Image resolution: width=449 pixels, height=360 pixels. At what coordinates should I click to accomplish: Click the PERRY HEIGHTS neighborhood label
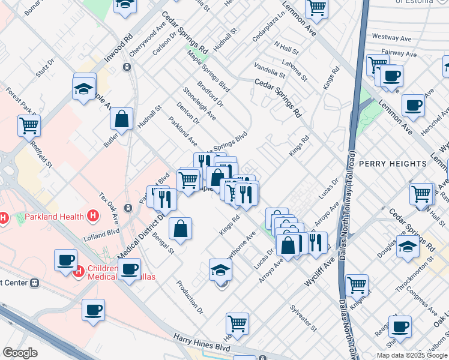[391, 164]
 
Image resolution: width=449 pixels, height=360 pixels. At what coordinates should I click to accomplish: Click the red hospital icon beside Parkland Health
[92, 215]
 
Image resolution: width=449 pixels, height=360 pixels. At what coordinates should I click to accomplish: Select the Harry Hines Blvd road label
[202, 345]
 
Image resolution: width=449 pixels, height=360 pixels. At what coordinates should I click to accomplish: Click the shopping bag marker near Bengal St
[180, 228]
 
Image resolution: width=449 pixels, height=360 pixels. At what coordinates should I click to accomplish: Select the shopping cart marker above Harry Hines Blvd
[238, 324]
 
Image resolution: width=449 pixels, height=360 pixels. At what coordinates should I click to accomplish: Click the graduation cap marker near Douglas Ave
[408, 247]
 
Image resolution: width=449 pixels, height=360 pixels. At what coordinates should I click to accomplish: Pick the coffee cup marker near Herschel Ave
[413, 106]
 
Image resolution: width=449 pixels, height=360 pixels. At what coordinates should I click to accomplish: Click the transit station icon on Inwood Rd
[127, 67]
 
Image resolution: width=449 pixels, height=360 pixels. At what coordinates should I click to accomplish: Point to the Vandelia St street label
[270, 70]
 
